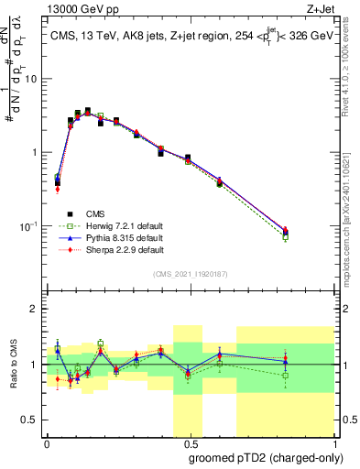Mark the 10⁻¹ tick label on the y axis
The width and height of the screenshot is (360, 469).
(x=30, y=225)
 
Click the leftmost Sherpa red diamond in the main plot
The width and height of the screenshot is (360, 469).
(x=58, y=190)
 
